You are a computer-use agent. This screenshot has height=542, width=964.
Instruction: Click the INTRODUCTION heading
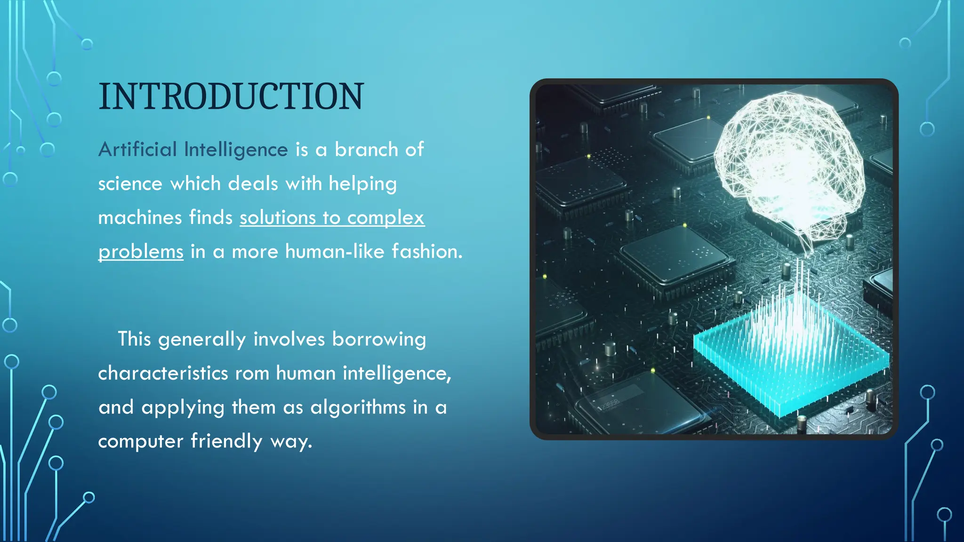pyautogui.click(x=231, y=96)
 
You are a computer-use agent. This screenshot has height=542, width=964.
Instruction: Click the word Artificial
pyautogui.click(x=137, y=150)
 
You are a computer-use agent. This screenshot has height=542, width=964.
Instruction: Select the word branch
pyautogui.click(x=366, y=150)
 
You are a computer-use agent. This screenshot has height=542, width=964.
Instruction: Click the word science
pyautogui.click(x=130, y=184)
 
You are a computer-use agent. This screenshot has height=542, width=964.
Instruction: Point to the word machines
pyautogui.click(x=140, y=218)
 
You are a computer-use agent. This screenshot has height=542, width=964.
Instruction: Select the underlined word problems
pyautogui.click(x=141, y=252)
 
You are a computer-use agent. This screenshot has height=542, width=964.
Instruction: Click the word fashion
pyautogui.click(x=426, y=252)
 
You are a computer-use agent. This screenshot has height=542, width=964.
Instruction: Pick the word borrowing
pyautogui.click(x=379, y=340)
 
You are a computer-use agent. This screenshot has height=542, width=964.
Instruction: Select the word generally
pyautogui.click(x=202, y=340)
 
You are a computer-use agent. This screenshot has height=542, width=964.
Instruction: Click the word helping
pyautogui.click(x=362, y=184)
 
